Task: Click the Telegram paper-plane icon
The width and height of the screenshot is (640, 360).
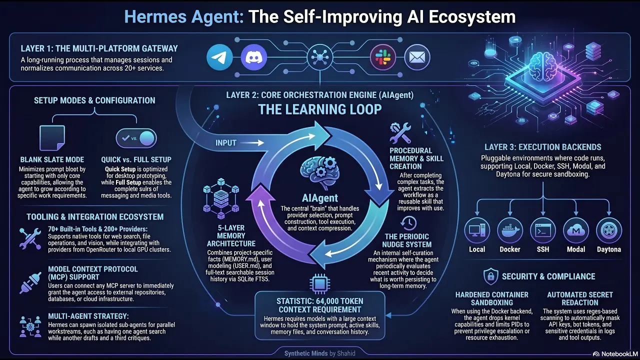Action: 219,57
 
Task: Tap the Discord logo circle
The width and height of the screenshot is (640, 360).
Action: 253,57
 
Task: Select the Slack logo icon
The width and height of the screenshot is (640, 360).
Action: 383,57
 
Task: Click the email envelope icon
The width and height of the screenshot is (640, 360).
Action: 417,57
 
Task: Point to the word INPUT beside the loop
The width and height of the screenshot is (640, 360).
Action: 225,143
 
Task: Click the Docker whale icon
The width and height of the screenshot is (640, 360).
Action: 510,230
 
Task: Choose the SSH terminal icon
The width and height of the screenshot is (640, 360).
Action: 543,230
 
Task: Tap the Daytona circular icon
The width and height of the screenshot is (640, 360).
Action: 609,230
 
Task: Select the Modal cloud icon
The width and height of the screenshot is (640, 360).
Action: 576,230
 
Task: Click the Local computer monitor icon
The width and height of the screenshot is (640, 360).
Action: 477,230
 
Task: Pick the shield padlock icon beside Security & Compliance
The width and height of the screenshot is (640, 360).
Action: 490,276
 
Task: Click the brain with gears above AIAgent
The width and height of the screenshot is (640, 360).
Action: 320,173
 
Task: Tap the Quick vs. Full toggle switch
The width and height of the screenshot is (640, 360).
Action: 136,138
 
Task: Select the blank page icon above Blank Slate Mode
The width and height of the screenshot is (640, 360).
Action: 52,138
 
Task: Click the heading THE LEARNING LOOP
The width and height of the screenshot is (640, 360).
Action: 319,109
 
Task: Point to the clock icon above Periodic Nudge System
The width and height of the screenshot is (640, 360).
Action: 408,223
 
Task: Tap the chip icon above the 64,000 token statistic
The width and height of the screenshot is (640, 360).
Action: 319,283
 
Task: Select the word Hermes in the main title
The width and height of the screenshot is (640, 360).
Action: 155,16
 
